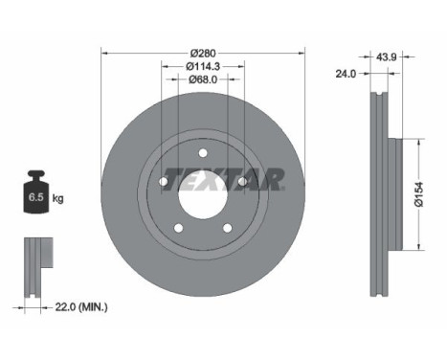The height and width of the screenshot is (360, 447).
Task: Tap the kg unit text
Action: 57,198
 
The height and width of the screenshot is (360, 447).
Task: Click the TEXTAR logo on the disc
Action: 223,179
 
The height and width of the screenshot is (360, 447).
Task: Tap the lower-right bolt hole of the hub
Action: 226,227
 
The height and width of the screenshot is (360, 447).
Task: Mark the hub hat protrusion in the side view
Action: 395,195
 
